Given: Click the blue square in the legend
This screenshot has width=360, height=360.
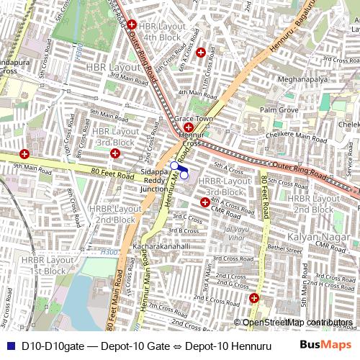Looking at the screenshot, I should pos(9,346).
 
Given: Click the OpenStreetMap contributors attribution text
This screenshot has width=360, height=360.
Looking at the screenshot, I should pos(297,323).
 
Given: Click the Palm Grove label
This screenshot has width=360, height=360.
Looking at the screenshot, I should pos(279,110).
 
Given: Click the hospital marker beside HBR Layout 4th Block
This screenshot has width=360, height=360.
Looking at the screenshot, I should pos(132,25).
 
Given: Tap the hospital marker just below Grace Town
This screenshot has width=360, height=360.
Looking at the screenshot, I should pos(188,127).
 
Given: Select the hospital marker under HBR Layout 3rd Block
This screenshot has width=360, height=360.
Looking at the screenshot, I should pos(115,153).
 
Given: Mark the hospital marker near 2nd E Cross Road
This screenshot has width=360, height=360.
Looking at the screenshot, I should pos(254,298).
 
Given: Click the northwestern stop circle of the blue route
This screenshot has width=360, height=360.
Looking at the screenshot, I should pos(174,166).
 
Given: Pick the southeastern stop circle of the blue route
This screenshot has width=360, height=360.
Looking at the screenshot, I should pos(184,174).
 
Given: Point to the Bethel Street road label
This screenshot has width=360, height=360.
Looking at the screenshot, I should pos(284,248).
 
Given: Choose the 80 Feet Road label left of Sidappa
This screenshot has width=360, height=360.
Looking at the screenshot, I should pos(113,174).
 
